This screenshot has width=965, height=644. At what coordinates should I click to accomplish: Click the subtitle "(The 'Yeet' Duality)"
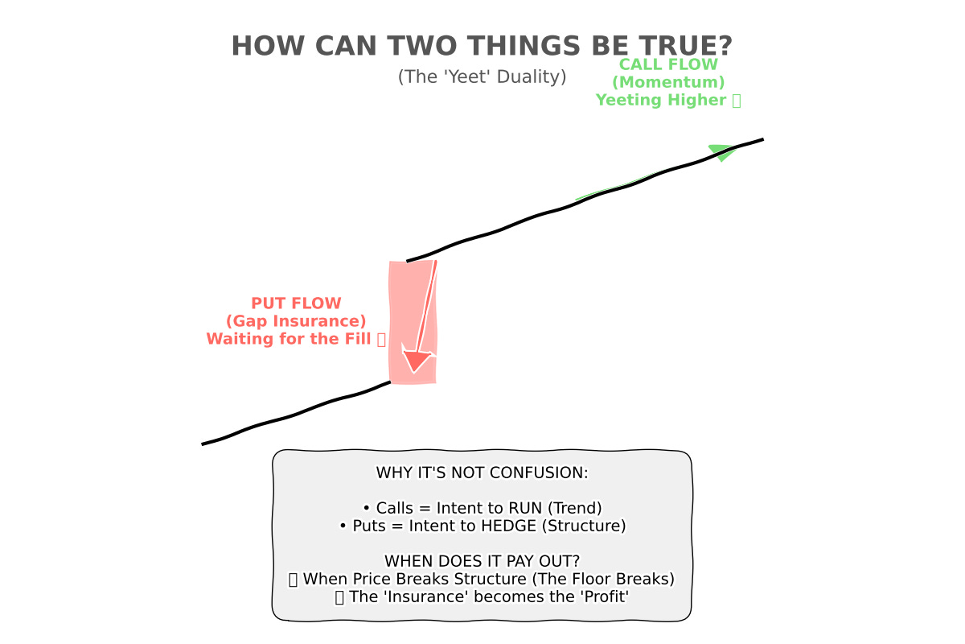(482, 76)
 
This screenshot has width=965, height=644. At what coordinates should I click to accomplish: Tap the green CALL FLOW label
(668, 64)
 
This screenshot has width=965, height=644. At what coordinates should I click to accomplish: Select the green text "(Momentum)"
(668, 82)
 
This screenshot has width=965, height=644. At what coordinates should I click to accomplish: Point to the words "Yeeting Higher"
(661, 100)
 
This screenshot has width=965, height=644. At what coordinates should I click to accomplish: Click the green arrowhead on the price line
(722, 151)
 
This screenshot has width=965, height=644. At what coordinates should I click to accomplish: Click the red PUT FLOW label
(296, 303)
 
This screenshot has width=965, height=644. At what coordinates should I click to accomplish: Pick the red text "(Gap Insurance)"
(296, 321)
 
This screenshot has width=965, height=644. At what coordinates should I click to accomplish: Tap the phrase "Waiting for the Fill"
(289, 339)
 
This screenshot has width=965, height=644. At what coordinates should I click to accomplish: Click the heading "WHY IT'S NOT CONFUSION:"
(482, 473)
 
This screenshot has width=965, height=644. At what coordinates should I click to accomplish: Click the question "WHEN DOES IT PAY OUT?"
(482, 561)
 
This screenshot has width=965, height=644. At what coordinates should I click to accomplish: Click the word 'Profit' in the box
(603, 597)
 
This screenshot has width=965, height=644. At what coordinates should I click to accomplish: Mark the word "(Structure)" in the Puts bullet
(585, 526)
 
